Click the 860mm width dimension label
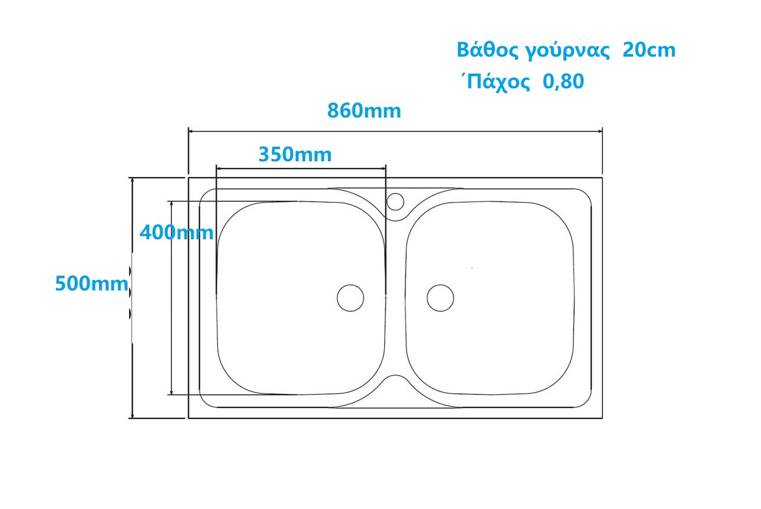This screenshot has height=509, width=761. (364, 111)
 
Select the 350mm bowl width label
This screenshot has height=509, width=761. (295, 155)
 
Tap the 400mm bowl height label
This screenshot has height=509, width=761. (177, 232)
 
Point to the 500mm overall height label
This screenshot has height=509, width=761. (92, 284)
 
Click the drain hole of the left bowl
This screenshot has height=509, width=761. (351, 298)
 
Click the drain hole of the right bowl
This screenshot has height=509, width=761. (440, 298)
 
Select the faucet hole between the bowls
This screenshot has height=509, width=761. (396, 201)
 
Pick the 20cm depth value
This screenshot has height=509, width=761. (649, 51)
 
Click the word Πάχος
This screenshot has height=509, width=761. (496, 82)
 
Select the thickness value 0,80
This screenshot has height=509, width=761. (563, 82)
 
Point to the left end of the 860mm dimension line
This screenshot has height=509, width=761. (189, 130)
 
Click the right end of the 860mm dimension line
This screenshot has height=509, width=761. (601, 130)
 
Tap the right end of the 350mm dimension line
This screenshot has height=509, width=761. (385, 168)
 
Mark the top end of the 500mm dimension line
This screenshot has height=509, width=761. (132, 178)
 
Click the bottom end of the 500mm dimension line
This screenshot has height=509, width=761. (132, 418)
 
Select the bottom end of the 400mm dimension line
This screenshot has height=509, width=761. (172, 394)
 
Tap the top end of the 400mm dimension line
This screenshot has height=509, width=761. (172, 202)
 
